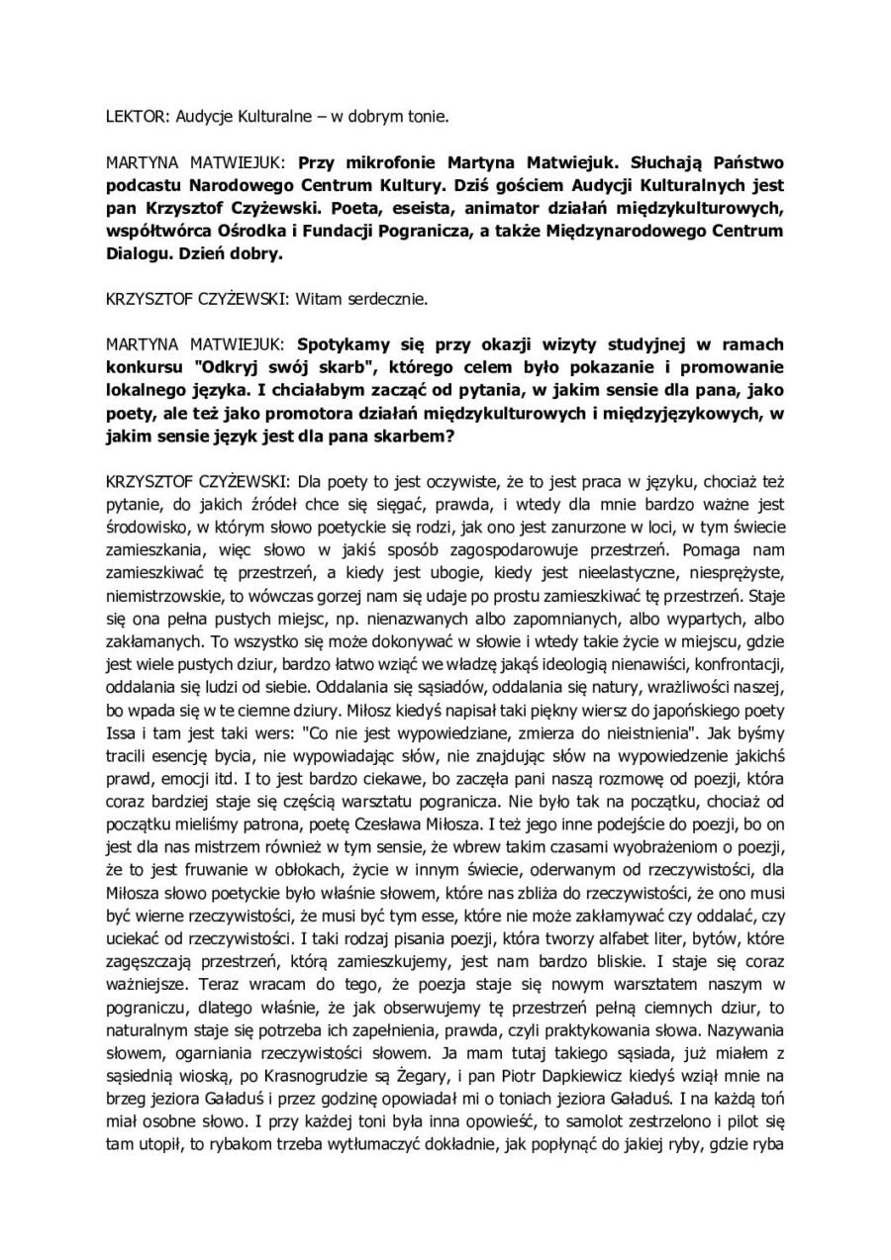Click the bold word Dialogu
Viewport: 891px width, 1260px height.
(137, 254)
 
